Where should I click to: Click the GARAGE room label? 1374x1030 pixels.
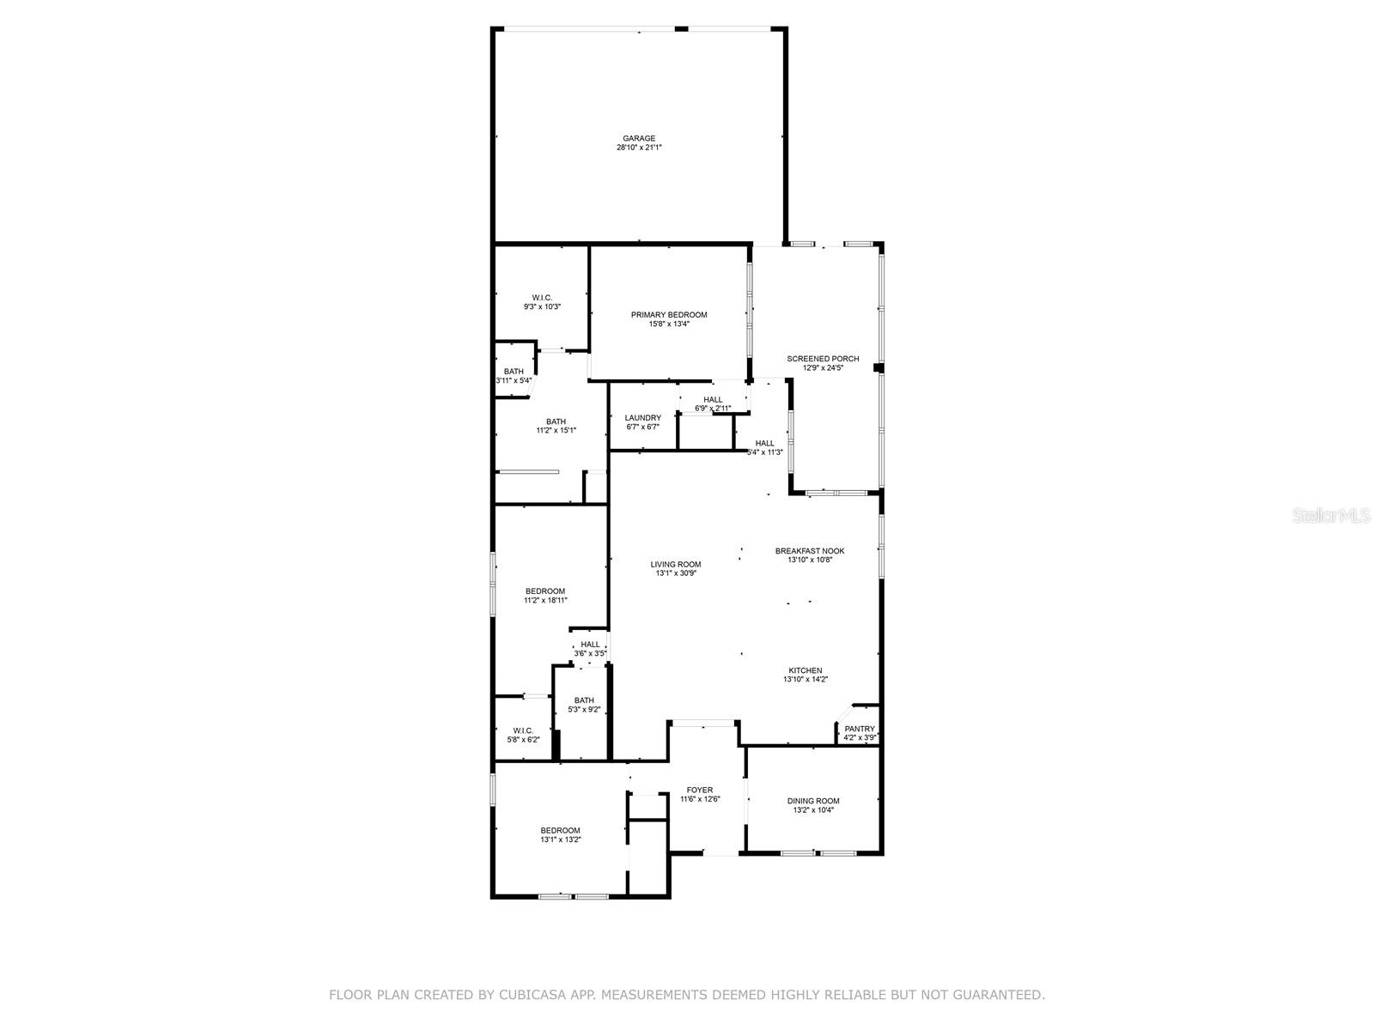pyautogui.click(x=639, y=138)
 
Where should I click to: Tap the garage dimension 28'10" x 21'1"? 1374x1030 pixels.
pyautogui.click(x=639, y=148)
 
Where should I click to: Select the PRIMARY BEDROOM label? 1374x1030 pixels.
pyautogui.click(x=669, y=315)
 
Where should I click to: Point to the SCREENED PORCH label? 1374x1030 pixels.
pyautogui.click(x=823, y=359)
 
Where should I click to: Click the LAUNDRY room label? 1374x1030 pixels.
pyautogui.click(x=643, y=418)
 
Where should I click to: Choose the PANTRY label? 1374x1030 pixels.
pyautogui.click(x=860, y=729)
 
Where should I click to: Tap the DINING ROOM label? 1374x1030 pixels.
pyautogui.click(x=813, y=801)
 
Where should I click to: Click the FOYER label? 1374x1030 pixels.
pyautogui.click(x=699, y=790)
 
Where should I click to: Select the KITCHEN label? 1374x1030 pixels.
pyautogui.click(x=806, y=670)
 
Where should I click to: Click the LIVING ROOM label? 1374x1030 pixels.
pyautogui.click(x=676, y=565)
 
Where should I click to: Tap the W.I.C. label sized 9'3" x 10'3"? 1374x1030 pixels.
pyautogui.click(x=542, y=298)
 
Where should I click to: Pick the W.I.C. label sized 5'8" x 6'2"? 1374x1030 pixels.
pyautogui.click(x=523, y=730)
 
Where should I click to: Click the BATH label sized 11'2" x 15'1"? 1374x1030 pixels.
pyautogui.click(x=556, y=421)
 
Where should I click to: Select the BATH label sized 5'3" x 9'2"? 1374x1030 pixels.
pyautogui.click(x=584, y=700)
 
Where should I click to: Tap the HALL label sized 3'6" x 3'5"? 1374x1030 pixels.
pyautogui.click(x=590, y=645)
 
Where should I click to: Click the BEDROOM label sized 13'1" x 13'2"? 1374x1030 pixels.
pyautogui.click(x=560, y=830)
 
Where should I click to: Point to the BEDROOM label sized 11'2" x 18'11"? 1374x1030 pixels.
pyautogui.click(x=545, y=591)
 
